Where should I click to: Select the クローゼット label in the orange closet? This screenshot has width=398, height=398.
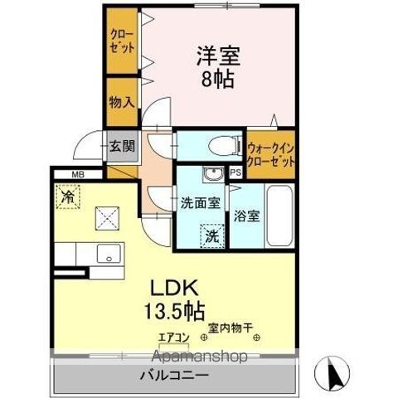[x=121, y=41]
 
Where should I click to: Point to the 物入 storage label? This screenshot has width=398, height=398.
[x=121, y=102]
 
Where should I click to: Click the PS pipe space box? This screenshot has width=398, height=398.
[x=235, y=173]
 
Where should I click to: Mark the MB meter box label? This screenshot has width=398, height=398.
[x=77, y=174]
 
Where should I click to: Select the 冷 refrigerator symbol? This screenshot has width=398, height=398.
[x=68, y=198]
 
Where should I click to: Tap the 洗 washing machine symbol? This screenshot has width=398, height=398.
[x=213, y=236]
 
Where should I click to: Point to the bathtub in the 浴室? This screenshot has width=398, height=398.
[x=278, y=216]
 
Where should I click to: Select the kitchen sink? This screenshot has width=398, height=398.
[x=108, y=254]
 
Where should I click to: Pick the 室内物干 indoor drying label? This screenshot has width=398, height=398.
[x=229, y=327]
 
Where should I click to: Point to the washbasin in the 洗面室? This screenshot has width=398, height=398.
[x=213, y=175]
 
